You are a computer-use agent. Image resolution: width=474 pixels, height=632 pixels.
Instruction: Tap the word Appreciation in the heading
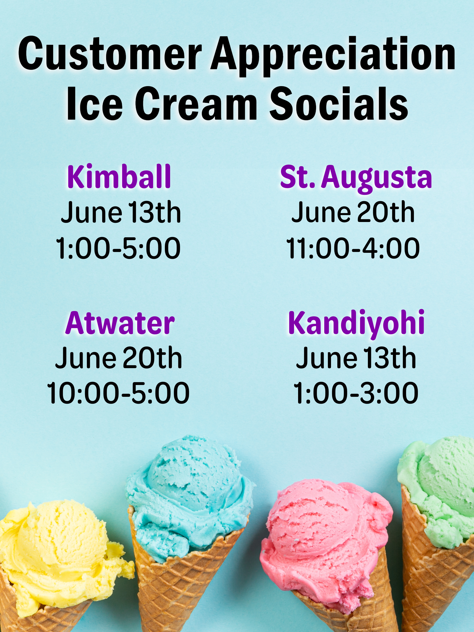pos(333,57)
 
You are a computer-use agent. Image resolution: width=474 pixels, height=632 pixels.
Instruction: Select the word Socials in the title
pos(339,103)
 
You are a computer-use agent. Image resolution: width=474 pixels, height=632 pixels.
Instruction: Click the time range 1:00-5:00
pos(118,248)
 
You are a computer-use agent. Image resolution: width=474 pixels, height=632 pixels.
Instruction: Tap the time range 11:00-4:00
pos(353,248)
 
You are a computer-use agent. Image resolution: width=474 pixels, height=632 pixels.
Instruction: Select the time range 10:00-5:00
pos(118,393)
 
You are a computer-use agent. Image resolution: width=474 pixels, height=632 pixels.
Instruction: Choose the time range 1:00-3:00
pos(356,393)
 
